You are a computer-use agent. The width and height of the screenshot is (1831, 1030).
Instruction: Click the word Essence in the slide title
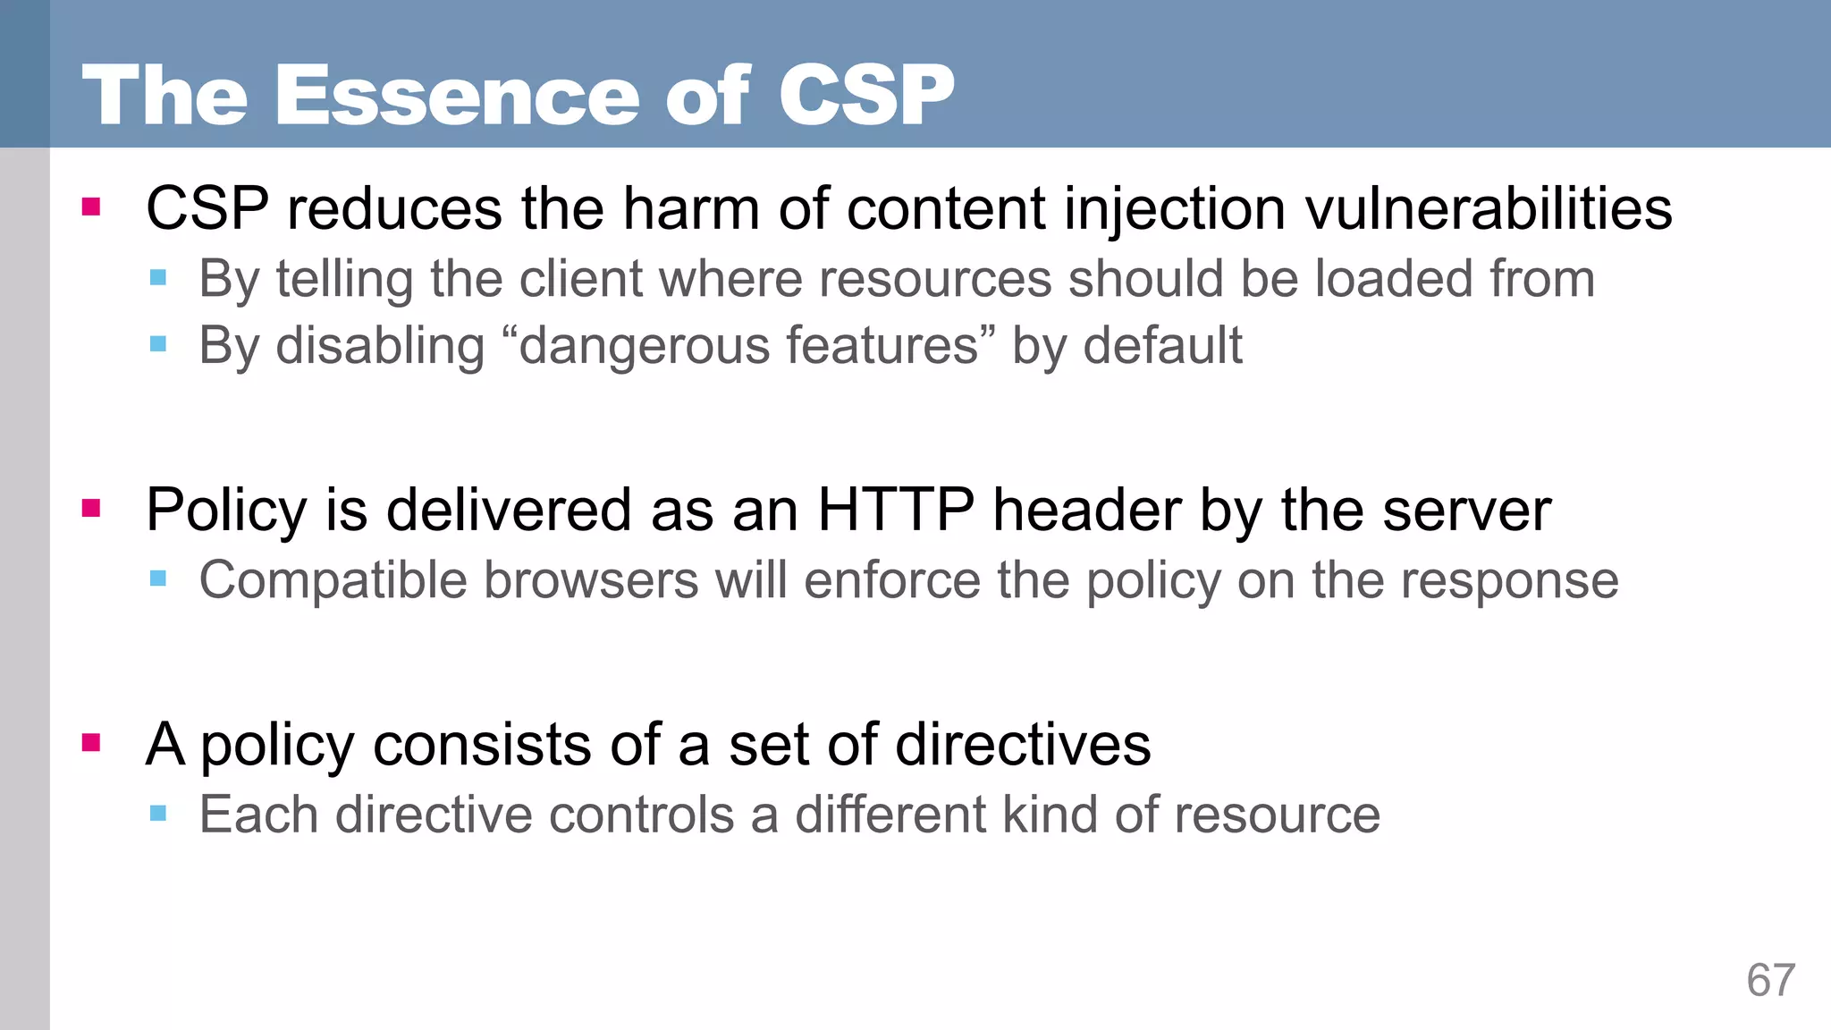456,96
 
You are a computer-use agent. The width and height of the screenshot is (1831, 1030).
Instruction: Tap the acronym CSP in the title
865,96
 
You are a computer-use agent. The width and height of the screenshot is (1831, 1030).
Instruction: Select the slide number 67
1770,981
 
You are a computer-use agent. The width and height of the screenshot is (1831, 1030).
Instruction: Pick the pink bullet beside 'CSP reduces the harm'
90,207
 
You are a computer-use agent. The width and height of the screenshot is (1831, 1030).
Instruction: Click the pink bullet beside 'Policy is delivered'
90,509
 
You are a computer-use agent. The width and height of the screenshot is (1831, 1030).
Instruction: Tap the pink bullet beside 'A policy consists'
90,742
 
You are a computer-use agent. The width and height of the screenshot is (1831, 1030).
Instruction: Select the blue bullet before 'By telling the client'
158,277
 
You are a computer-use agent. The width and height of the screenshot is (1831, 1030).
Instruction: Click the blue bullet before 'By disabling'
158,344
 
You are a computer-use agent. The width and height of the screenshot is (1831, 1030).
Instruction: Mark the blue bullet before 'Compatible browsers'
158,578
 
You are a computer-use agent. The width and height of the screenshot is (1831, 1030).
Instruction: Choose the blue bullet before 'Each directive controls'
158,813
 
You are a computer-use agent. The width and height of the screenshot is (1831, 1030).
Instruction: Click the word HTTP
896,511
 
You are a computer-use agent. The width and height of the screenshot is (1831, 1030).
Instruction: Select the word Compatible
333,581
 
